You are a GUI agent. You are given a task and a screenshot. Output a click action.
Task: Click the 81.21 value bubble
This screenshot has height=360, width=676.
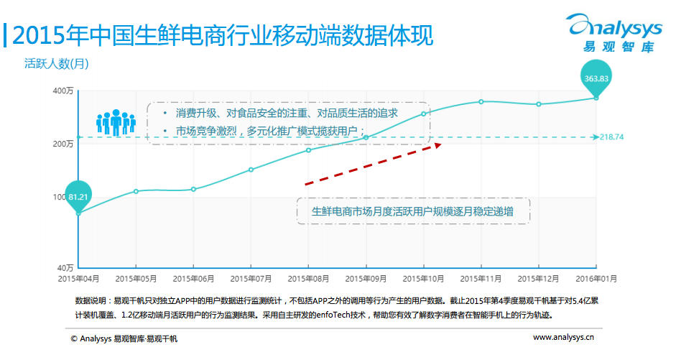(x=78, y=195)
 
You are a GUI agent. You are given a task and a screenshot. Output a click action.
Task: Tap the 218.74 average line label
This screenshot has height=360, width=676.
(x=611, y=137)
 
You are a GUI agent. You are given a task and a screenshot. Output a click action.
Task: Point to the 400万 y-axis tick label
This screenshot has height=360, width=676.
(x=63, y=91)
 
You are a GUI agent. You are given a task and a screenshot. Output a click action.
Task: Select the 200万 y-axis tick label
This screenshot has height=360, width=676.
(x=63, y=144)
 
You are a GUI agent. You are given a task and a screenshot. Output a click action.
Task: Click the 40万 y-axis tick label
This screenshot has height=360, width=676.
(x=65, y=267)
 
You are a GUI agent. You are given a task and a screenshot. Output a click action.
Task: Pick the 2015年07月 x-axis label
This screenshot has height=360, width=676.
(x=251, y=277)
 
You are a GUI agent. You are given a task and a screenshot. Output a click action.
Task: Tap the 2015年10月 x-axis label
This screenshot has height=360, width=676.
(x=423, y=277)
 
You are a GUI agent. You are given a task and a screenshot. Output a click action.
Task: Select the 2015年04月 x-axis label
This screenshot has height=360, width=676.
(x=78, y=277)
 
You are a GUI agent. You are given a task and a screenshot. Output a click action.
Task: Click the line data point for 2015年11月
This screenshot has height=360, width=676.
(x=481, y=101)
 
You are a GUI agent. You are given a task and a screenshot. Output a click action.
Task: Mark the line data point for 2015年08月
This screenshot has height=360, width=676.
(x=308, y=149)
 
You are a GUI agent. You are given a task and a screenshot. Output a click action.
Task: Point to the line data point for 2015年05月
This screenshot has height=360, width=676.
(x=136, y=191)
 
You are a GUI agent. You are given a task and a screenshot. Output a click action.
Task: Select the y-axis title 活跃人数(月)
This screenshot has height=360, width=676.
(x=57, y=64)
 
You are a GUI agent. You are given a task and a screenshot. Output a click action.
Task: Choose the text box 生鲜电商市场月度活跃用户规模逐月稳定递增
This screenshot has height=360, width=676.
(x=412, y=211)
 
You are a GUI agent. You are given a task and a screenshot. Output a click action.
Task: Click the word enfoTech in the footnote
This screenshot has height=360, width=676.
(x=328, y=315)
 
